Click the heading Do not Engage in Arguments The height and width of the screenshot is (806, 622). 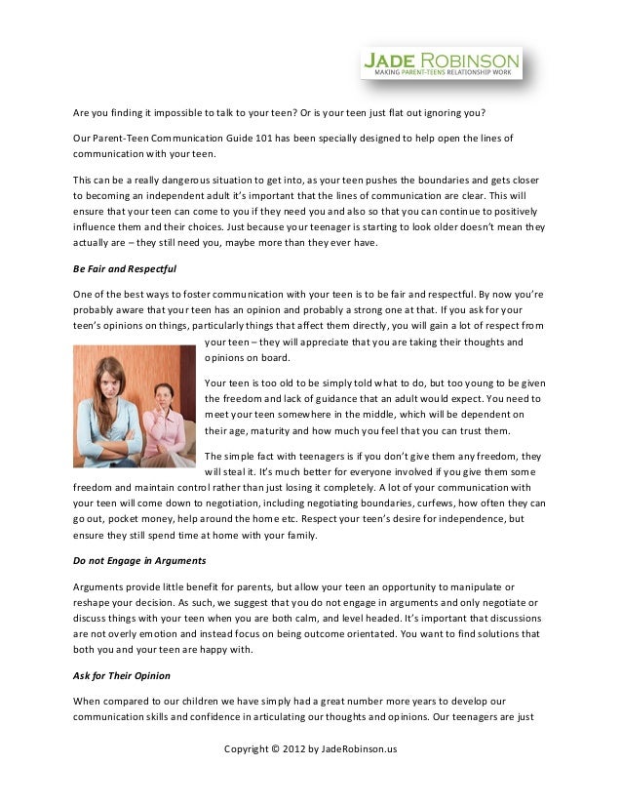(x=139, y=561)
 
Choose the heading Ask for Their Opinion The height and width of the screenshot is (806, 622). (x=123, y=674)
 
